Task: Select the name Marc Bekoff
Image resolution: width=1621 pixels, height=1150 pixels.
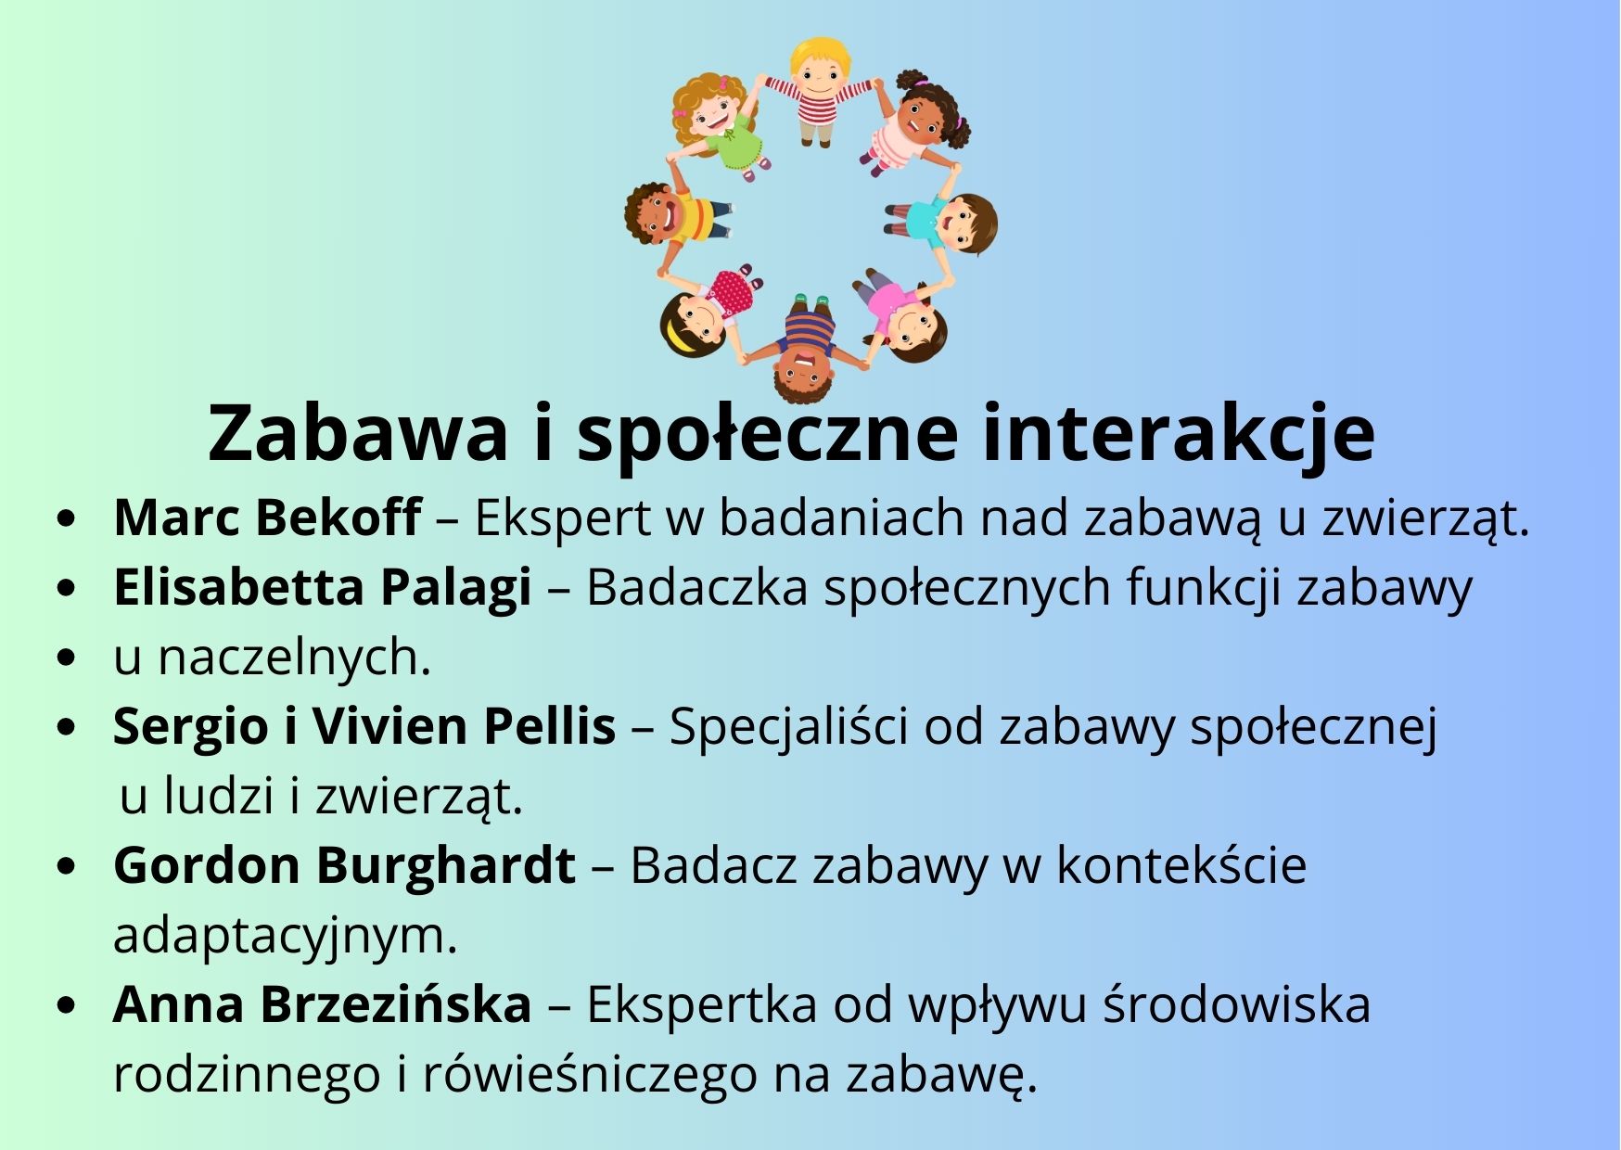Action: tap(267, 517)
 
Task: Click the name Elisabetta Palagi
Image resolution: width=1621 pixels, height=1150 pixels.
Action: tap(323, 588)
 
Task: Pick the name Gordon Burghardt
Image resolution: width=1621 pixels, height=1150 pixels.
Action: tap(344, 866)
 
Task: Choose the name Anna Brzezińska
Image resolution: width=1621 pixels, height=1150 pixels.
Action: tap(323, 1004)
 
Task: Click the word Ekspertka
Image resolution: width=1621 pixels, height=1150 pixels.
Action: tap(701, 1004)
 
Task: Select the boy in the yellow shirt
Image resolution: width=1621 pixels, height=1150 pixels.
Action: tap(676, 217)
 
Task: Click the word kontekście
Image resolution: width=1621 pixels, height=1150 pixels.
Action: tap(1181, 866)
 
